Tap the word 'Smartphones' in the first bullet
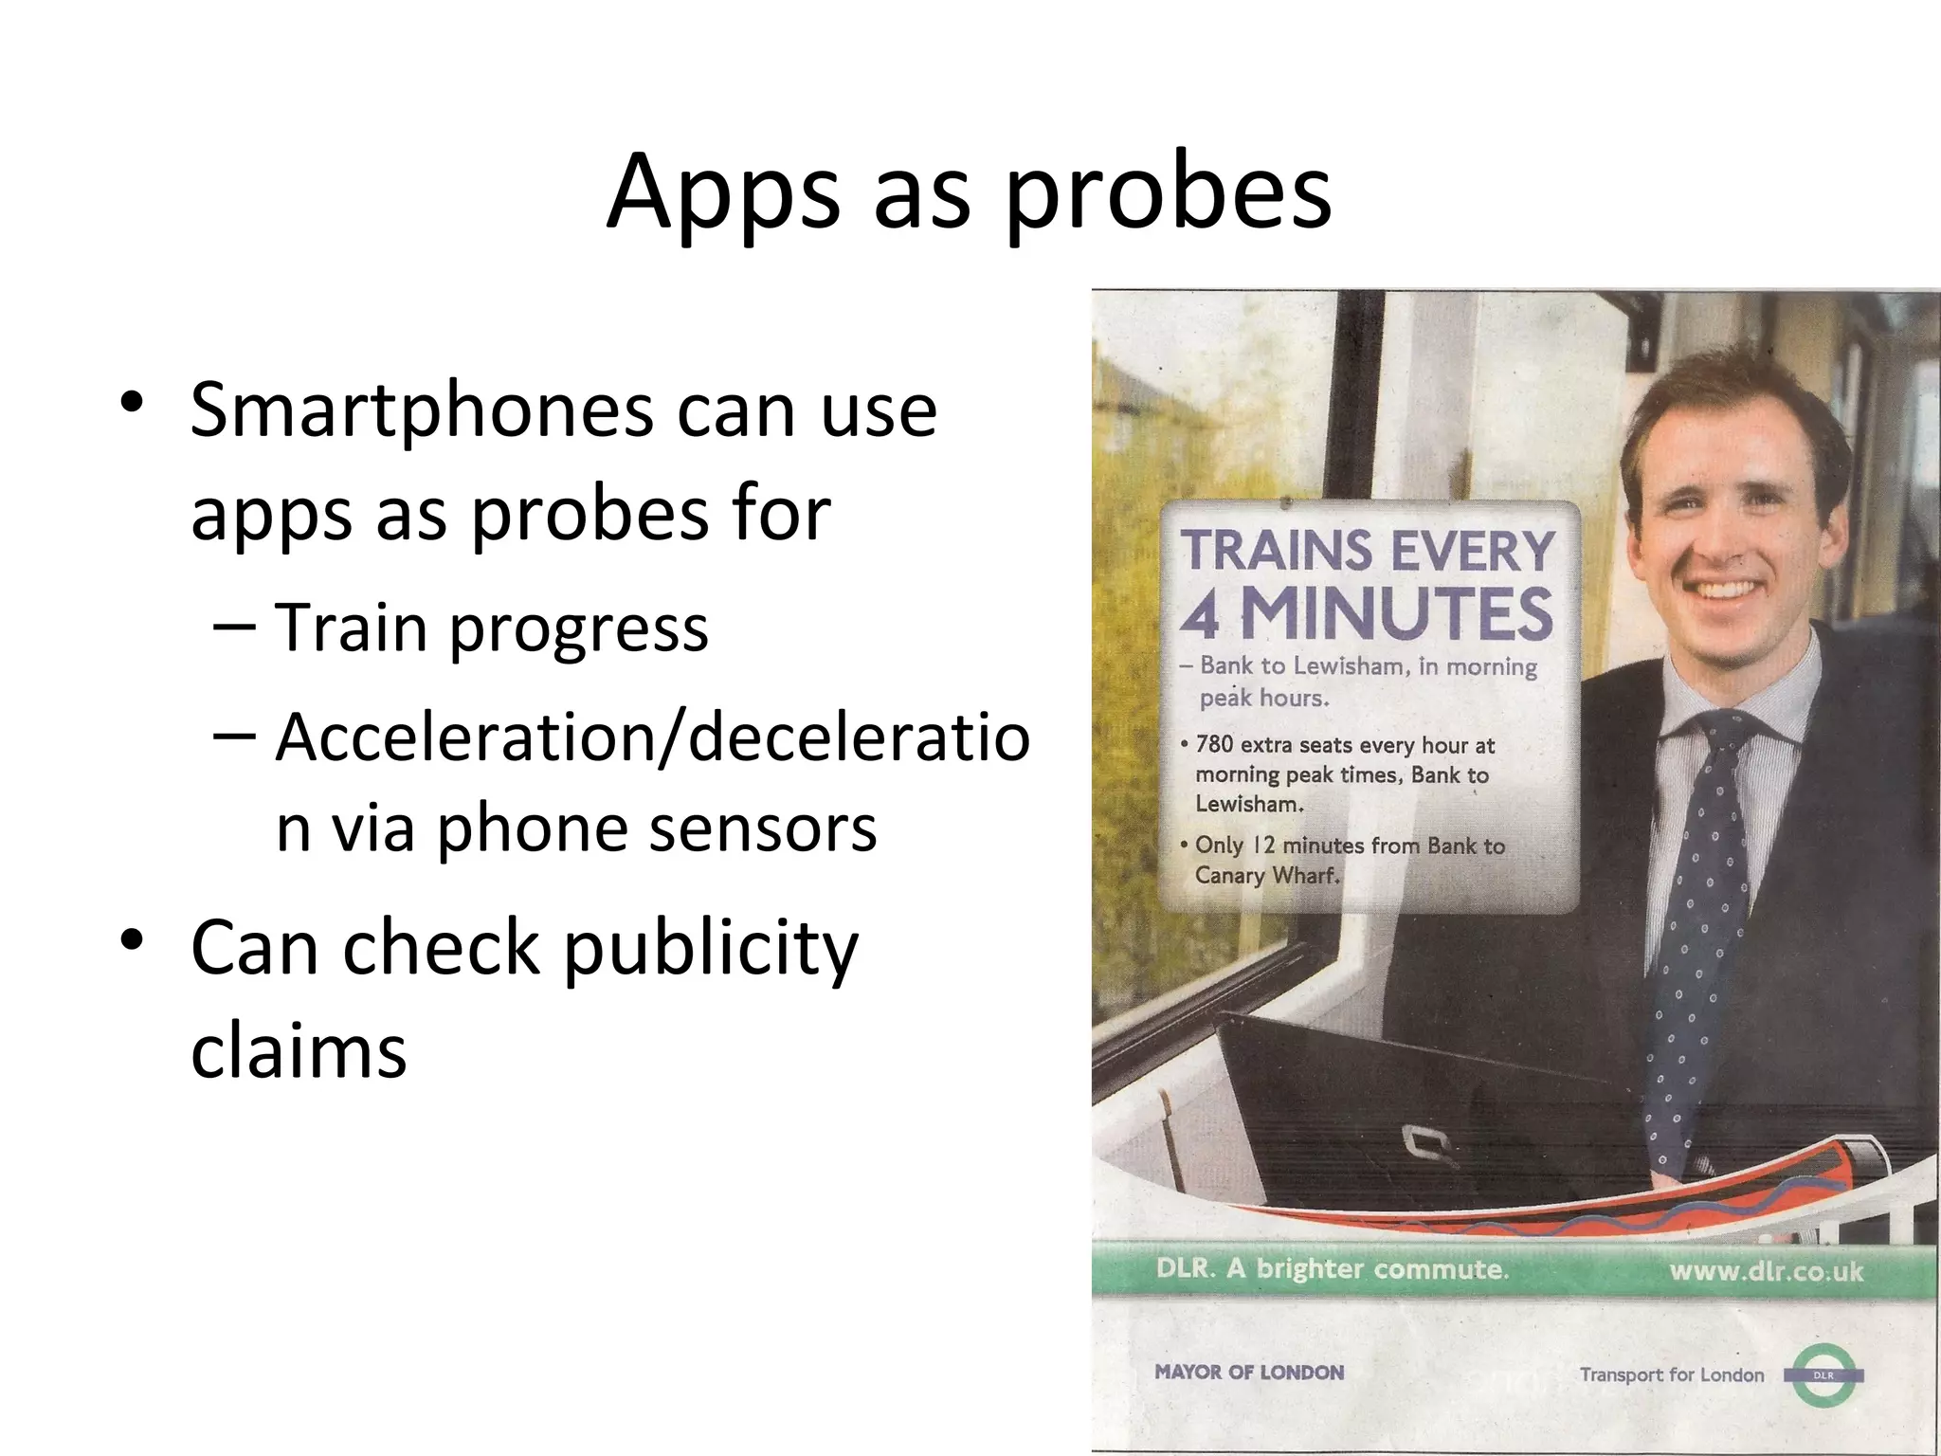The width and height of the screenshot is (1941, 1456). tap(422, 410)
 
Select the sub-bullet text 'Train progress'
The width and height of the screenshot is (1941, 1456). tap(491, 628)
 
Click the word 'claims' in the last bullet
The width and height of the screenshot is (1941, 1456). tap(299, 1051)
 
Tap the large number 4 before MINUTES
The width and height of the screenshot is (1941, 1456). tap(1201, 615)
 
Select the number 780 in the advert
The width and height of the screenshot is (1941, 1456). tap(1214, 745)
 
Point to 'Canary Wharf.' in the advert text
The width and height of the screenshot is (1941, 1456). tap(1267, 875)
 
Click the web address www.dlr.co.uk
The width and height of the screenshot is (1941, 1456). tap(1766, 1271)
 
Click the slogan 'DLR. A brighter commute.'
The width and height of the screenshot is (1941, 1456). tap(1332, 1269)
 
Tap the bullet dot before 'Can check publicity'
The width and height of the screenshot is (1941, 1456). tap(132, 941)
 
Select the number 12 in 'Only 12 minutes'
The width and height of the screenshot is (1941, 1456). tap(1263, 846)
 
